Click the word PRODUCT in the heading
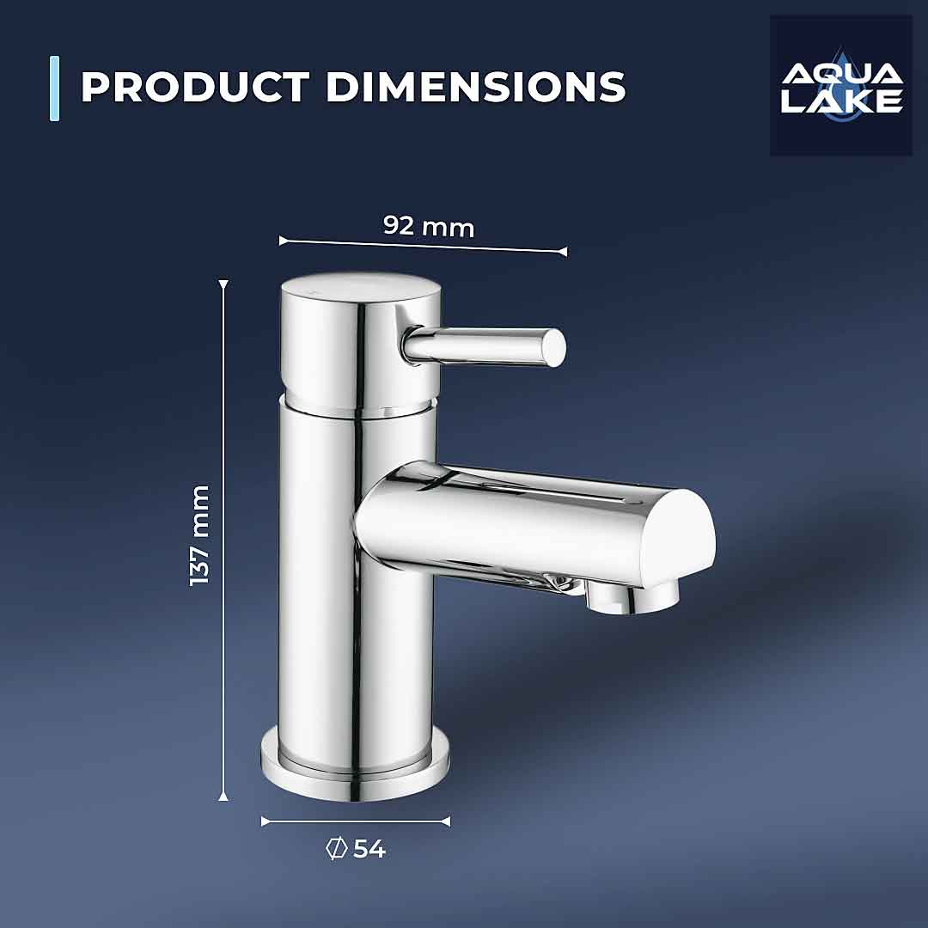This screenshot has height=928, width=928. coord(194,87)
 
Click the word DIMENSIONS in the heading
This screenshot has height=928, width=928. coord(475,87)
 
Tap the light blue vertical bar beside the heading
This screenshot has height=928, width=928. coord(55,88)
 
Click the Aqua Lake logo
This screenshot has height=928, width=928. coord(840,85)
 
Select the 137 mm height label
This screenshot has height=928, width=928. coord(199,535)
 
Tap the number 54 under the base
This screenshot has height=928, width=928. coord(369,849)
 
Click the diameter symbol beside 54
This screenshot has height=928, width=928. coord(336,849)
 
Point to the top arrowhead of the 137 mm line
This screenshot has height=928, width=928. coord(223,284)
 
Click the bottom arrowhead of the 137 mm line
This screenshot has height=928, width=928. coord(223,797)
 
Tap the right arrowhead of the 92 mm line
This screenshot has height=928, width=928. coord(563,252)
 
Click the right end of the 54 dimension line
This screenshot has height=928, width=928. coord(446,821)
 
